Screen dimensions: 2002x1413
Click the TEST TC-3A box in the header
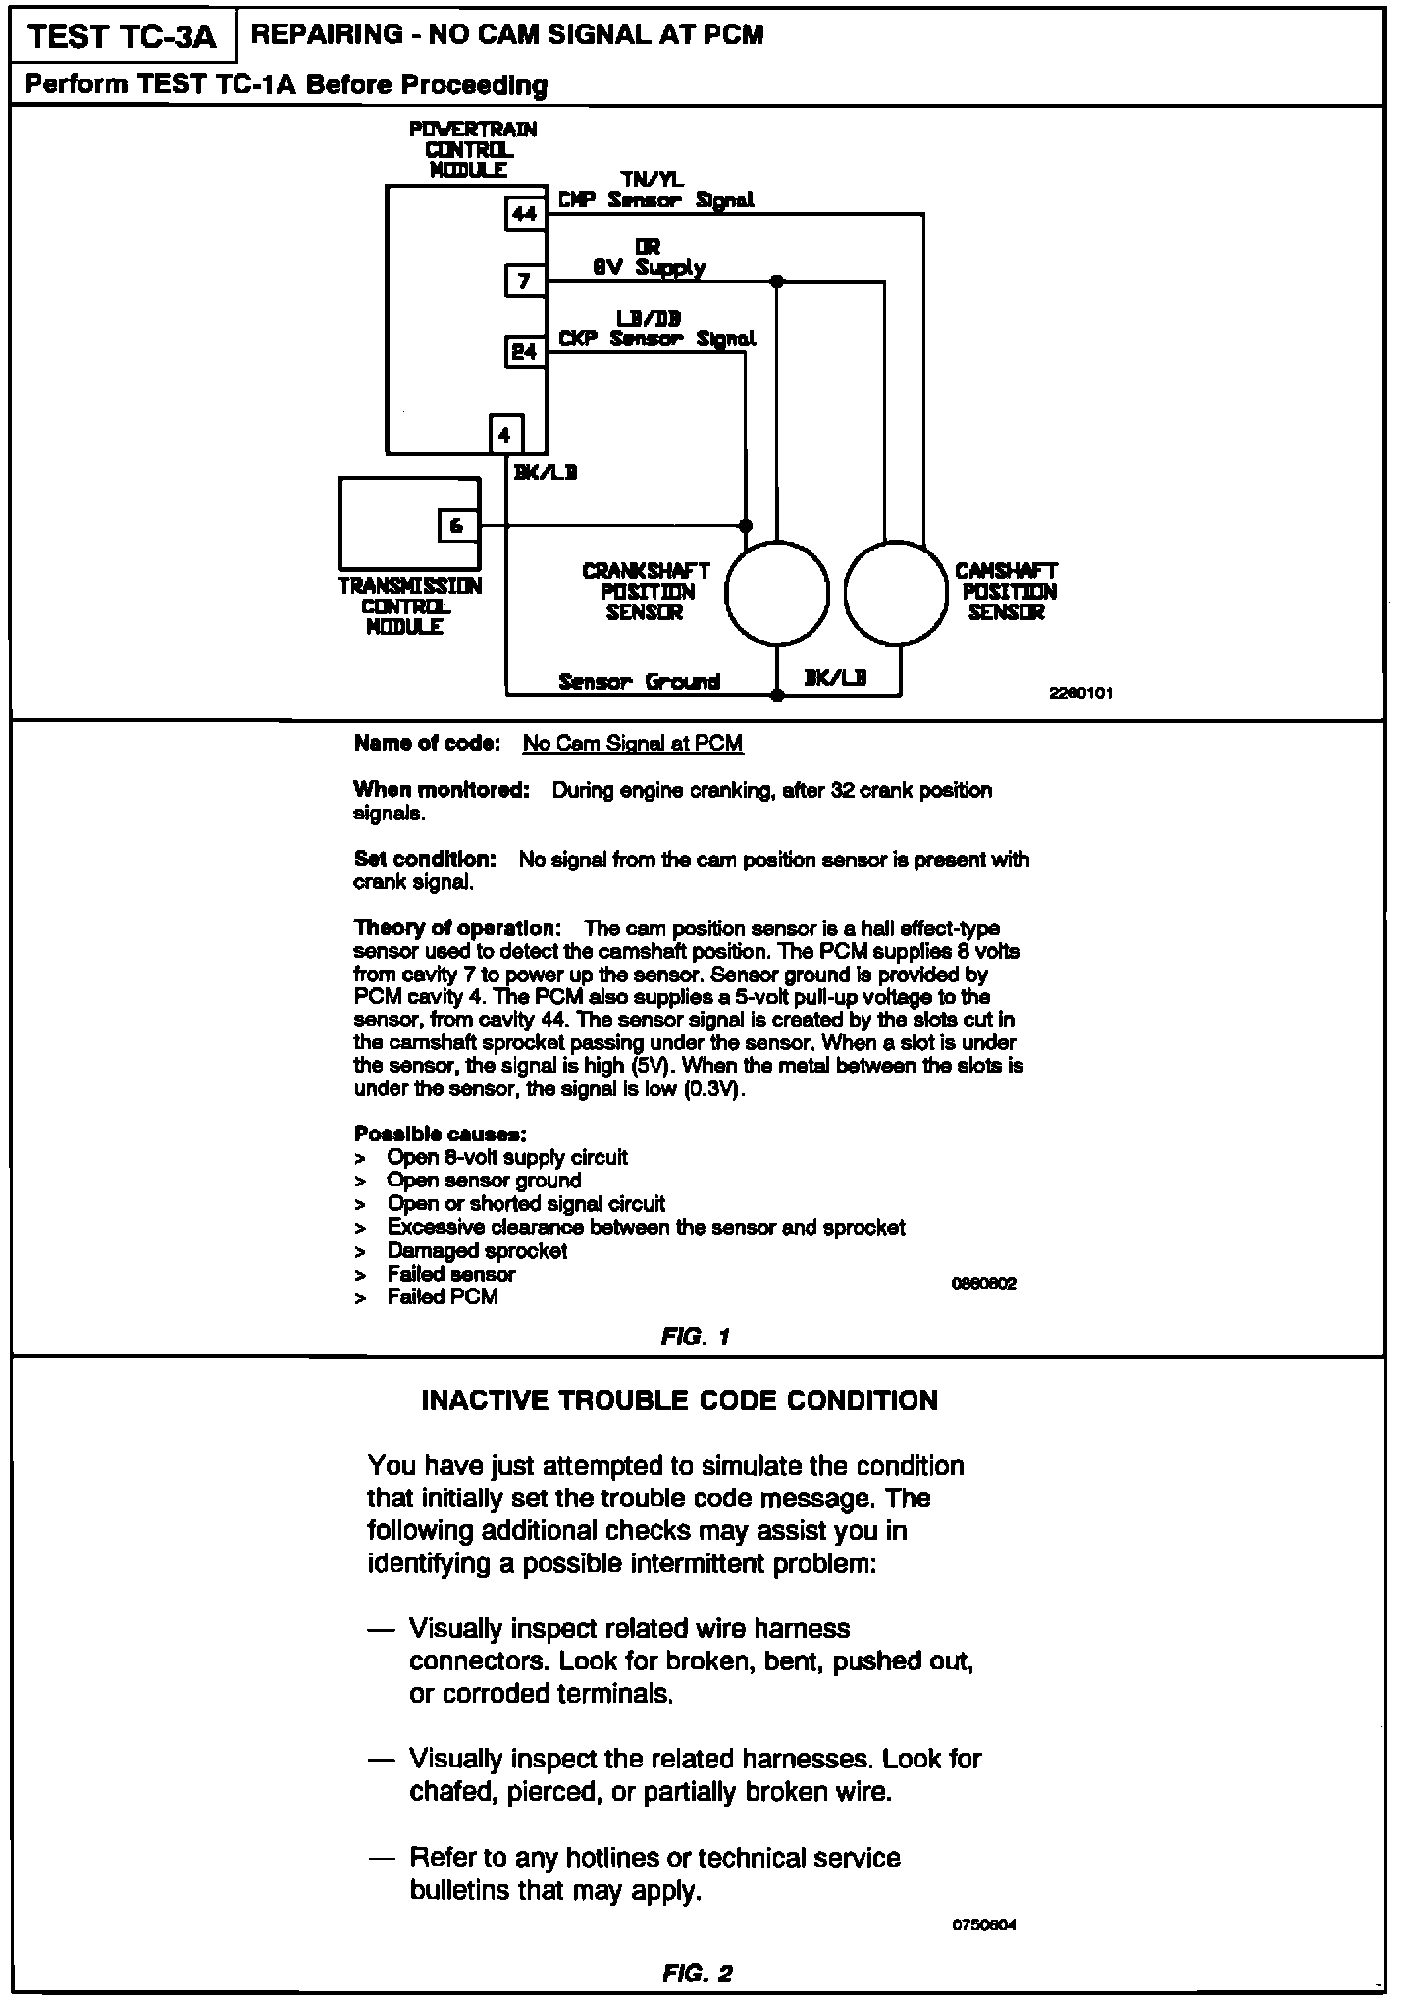coord(122,36)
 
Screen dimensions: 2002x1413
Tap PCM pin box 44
coord(525,213)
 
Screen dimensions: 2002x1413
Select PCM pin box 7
coord(525,281)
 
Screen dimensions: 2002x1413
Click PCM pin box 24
coord(525,351)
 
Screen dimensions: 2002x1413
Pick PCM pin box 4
coord(505,434)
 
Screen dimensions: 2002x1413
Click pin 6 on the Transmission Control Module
coord(456,526)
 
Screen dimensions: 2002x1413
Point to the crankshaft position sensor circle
coord(776,594)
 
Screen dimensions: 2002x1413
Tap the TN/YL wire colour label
coord(653,180)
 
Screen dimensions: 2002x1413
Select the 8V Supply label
coord(649,267)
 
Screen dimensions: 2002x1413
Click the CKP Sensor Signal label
coord(656,340)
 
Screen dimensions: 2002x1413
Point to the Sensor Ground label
coord(639,681)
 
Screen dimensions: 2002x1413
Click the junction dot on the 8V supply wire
coord(776,281)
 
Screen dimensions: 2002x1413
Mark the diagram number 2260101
coord(1080,693)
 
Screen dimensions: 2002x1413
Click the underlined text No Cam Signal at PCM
coord(633,744)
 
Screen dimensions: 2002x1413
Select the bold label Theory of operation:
coord(457,928)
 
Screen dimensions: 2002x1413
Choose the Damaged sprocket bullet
coord(477,1251)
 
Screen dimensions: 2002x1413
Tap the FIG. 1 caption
coord(696,1337)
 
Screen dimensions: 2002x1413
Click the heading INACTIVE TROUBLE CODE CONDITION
coord(679,1400)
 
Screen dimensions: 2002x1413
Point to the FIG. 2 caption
coord(697,1974)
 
